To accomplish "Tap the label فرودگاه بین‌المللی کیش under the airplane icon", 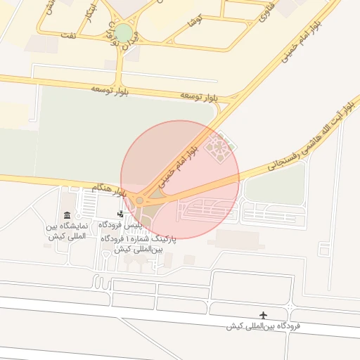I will click(x=263, y=327).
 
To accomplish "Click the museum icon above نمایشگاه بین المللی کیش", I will click(x=67, y=215).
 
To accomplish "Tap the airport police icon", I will click(x=121, y=214).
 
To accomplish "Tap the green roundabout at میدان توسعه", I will click(x=124, y=32).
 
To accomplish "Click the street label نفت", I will click(x=68, y=34).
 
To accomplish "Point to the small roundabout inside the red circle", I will click(x=140, y=201).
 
